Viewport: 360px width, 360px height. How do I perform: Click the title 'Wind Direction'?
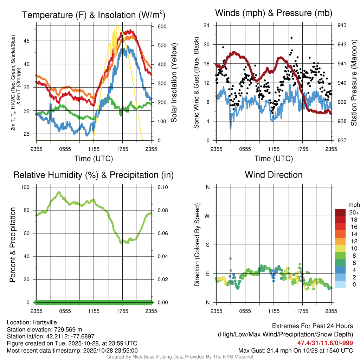pos(274,175)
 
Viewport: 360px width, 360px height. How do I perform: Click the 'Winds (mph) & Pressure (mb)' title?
pos(274,13)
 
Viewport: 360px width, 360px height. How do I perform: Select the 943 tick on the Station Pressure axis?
pos(342,25)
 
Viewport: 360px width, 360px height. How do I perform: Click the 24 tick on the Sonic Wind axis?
pos(207,25)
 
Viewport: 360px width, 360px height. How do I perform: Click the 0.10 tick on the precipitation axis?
pos(162,187)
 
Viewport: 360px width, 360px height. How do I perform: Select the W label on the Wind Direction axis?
pos(207,216)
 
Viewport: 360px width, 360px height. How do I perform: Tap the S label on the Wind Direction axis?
pos(208,245)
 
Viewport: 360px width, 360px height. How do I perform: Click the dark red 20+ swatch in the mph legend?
pos(341,212)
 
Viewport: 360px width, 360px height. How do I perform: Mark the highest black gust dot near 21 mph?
pos(291,38)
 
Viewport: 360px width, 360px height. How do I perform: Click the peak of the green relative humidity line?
pos(59,192)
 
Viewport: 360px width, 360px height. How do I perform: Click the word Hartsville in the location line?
pos(45,322)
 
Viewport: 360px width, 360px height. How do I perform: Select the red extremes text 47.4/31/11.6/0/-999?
pos(325,343)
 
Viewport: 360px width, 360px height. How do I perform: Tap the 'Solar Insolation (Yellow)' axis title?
pos(174,83)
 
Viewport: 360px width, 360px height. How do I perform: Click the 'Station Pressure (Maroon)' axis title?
pos(354,83)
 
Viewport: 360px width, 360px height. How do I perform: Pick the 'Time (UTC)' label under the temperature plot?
pos(94,159)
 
